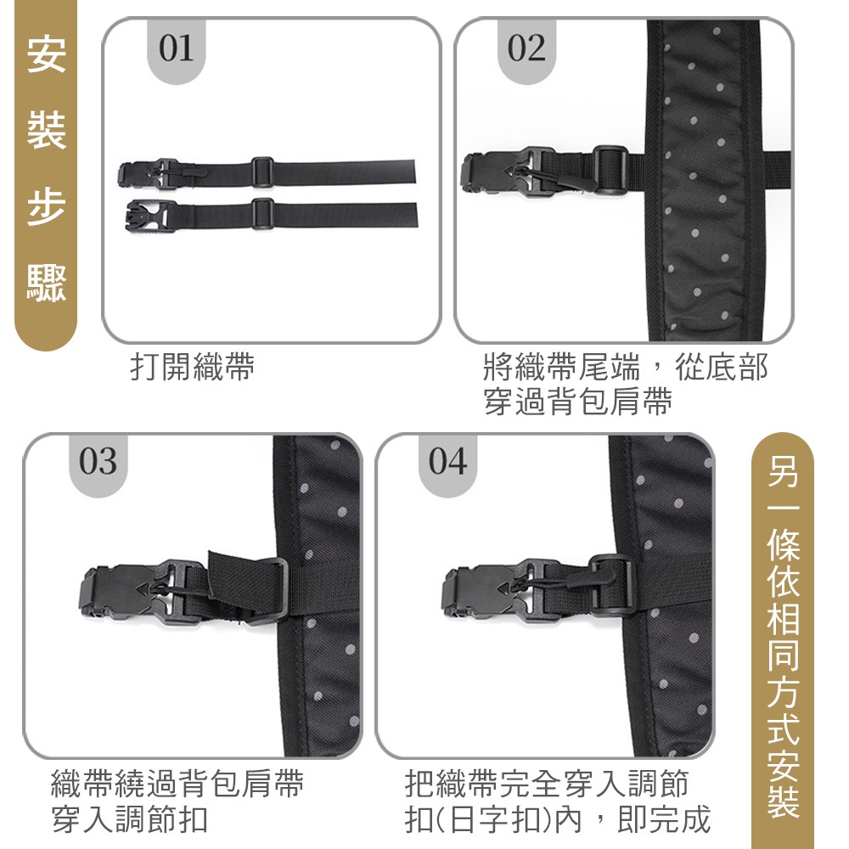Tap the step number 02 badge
tap(526, 50)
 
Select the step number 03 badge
tap(98, 463)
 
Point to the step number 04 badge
tap(447, 463)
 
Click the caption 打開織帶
tap(192, 368)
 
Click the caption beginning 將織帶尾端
tap(625, 368)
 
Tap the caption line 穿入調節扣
tap(129, 820)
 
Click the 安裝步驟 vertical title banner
tap(45, 170)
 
